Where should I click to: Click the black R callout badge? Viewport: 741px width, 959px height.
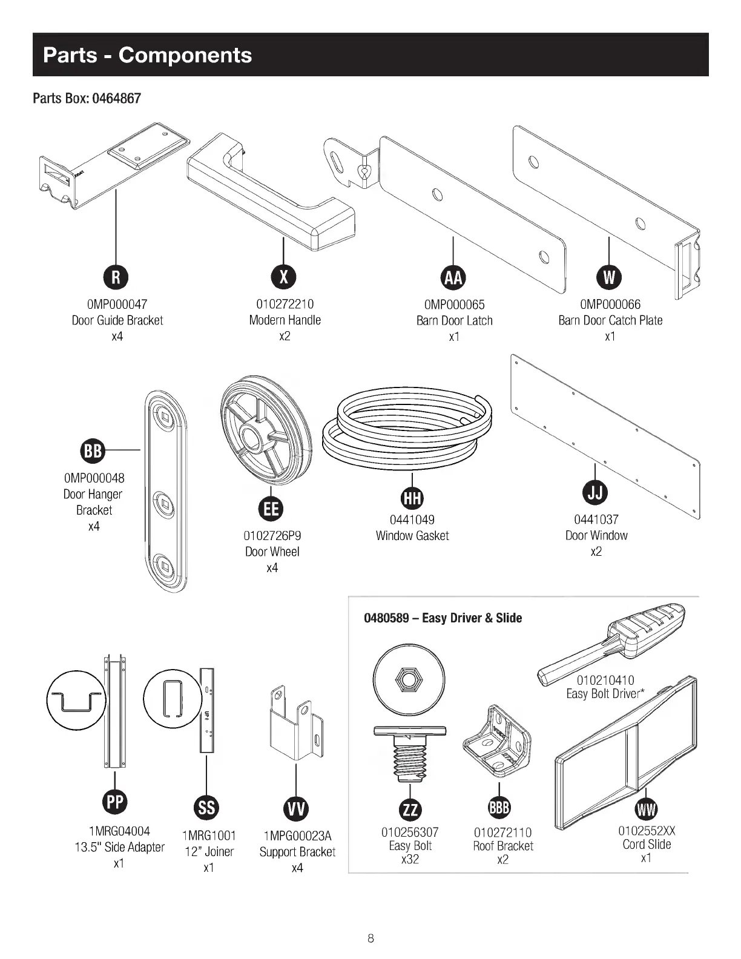[x=116, y=277]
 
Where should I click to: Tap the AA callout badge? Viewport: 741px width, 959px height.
[x=453, y=277]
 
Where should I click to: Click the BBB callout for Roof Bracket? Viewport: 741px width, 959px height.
[x=499, y=808]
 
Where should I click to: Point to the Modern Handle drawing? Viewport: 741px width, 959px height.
[x=272, y=194]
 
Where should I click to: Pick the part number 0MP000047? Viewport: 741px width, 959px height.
[x=117, y=305]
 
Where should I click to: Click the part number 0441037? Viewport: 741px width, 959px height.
[x=596, y=519]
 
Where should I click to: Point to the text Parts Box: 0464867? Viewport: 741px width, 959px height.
[x=87, y=98]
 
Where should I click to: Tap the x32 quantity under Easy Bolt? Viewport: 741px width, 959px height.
[x=410, y=860]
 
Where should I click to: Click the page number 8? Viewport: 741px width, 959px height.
[x=370, y=938]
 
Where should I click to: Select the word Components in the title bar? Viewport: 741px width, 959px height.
[x=185, y=55]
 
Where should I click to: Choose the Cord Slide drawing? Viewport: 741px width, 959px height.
[x=627, y=745]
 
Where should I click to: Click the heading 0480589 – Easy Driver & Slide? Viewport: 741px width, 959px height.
[x=443, y=618]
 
